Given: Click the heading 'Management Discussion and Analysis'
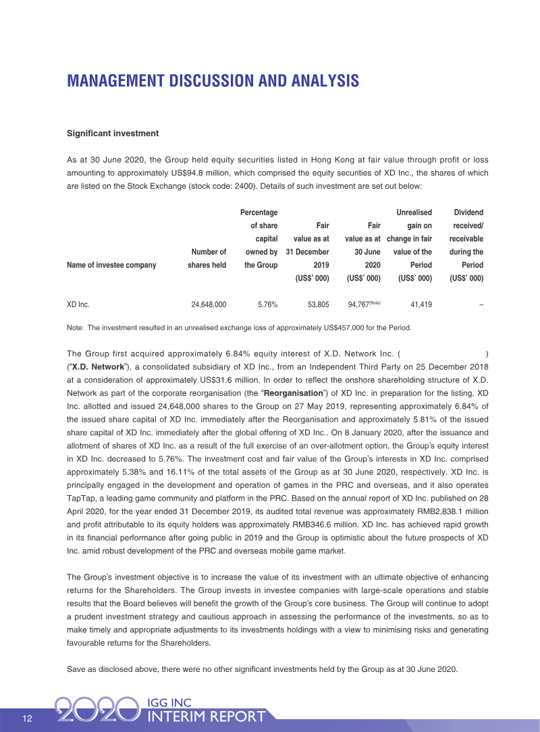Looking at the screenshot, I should coord(213,82).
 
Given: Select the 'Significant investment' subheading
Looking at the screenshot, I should coord(113,134).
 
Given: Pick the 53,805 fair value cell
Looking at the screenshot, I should coord(318,305).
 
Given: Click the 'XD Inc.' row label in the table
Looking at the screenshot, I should coord(78,305).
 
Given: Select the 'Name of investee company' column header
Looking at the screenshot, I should coord(111,265).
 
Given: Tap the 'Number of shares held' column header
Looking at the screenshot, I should coord(207,259).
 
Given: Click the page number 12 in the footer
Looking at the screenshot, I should coord(28,718).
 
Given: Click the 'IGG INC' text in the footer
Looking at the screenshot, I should coord(171,702).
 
